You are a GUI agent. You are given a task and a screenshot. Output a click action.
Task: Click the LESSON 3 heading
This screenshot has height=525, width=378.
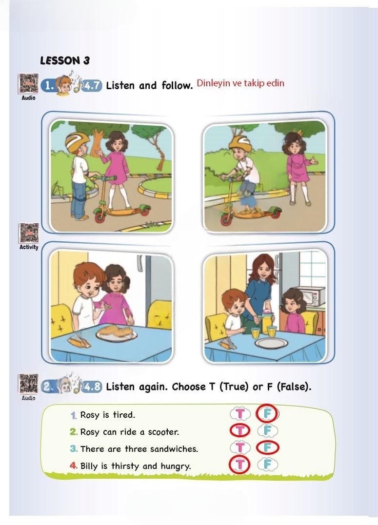click(x=65, y=60)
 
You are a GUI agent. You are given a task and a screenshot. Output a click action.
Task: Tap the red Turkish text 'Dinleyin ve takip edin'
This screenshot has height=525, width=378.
click(x=240, y=83)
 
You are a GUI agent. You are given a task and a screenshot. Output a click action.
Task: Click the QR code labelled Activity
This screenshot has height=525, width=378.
click(x=29, y=233)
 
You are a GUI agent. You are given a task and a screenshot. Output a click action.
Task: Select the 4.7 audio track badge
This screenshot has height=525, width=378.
click(x=92, y=86)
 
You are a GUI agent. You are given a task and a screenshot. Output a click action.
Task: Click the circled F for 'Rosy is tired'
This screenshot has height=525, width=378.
click(x=267, y=413)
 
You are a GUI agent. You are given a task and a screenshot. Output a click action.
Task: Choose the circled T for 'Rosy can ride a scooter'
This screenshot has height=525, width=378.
click(x=240, y=430)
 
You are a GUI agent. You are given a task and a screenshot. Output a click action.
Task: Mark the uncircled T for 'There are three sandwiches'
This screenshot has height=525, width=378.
click(x=240, y=447)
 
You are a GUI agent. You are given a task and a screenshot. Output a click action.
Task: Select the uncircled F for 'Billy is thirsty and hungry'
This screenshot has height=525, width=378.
click(x=267, y=465)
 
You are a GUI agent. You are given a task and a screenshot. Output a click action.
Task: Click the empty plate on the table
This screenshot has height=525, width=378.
click(x=271, y=343)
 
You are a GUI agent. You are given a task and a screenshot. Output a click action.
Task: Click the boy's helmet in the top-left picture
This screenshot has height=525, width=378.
click(x=77, y=140)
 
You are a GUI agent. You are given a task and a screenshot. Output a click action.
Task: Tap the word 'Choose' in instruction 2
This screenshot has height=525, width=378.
click(x=189, y=387)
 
